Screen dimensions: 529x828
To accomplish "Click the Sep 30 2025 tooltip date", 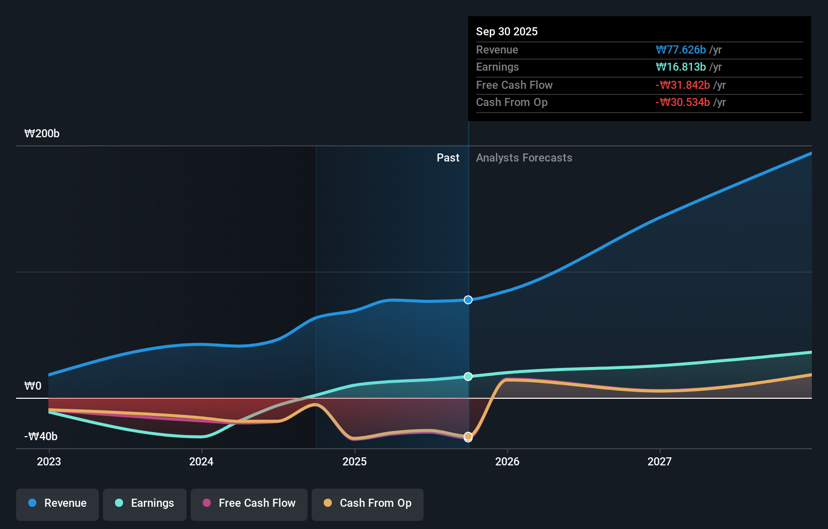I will point(506,31).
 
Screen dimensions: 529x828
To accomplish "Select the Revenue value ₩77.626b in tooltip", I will point(680,49).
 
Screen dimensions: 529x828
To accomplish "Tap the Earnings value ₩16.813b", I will point(680,67).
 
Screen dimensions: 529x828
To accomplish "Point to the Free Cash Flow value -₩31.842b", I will point(682,85).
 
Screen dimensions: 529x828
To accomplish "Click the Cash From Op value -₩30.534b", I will point(682,102).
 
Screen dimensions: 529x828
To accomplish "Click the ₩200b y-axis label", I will point(42,133).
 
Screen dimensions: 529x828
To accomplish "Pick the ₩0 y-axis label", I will point(33,386).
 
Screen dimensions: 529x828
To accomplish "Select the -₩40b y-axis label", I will point(41,436).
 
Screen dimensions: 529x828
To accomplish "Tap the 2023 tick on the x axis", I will point(49,461).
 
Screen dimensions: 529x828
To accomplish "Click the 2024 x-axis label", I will point(201,461).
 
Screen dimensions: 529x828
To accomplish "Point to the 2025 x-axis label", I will point(354,461).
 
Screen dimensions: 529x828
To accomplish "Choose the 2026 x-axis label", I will point(507,461).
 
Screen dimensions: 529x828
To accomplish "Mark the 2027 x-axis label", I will point(660,461).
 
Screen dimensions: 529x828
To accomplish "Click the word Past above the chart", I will point(448,157).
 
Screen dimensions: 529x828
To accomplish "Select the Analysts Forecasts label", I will point(524,157).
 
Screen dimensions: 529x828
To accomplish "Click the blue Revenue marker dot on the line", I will point(468,300).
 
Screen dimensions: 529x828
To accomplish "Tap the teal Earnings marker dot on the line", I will point(468,377).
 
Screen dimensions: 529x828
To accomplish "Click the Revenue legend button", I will point(57,504).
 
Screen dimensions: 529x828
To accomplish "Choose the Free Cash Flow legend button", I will point(249,504).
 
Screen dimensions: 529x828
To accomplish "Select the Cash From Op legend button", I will point(367,504).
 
